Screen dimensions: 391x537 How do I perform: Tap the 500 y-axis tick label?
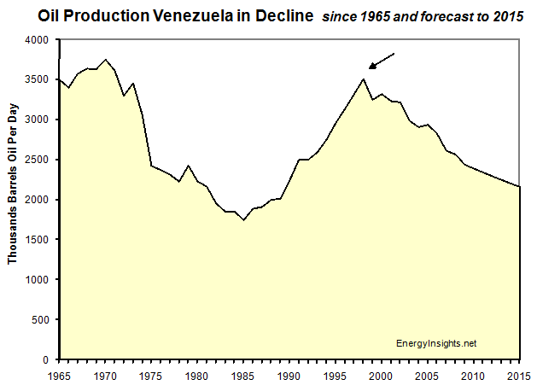click(40, 319)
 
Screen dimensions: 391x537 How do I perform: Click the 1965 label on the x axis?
click(58, 376)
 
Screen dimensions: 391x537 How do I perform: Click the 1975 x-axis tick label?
click(151, 376)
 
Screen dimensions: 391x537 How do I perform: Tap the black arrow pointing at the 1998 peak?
click(382, 61)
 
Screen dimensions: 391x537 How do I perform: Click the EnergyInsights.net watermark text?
click(436, 343)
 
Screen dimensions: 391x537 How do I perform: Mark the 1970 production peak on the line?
click(105, 60)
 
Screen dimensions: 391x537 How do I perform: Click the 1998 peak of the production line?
click(365, 79)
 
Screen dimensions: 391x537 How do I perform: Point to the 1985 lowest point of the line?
click(244, 220)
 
